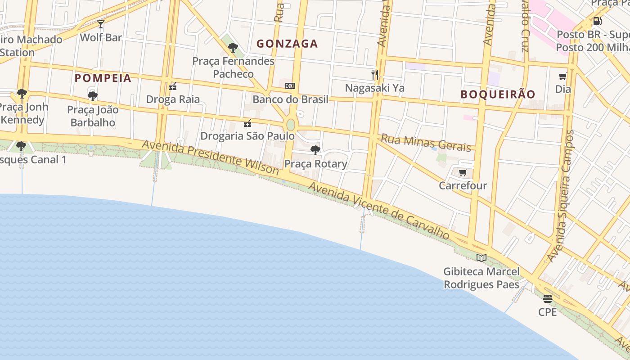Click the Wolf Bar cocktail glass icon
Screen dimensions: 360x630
point(101,24)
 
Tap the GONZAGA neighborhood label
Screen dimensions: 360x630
point(287,44)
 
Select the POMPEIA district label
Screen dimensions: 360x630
point(103,78)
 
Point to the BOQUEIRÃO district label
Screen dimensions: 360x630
point(498,94)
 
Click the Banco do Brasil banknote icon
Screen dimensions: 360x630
point(290,86)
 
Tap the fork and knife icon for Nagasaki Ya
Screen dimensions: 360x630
point(374,74)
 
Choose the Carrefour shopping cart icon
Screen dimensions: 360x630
point(463,172)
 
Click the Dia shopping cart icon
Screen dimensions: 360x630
point(562,76)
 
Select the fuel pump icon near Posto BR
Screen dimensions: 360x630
point(598,21)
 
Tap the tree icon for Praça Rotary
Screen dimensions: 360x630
point(315,150)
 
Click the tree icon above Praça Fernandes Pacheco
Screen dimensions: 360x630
point(233,47)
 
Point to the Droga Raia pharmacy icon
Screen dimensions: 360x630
point(173,86)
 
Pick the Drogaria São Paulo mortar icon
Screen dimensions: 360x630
point(247,123)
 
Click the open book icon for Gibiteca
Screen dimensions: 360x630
point(481,258)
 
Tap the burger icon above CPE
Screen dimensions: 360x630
point(547,298)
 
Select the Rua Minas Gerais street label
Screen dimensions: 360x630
point(426,143)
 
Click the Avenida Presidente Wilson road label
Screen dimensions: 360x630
point(211,157)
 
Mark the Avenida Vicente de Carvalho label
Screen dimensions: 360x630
point(379,211)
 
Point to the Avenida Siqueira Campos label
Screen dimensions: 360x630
point(561,196)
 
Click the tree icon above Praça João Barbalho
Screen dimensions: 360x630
point(93,96)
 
